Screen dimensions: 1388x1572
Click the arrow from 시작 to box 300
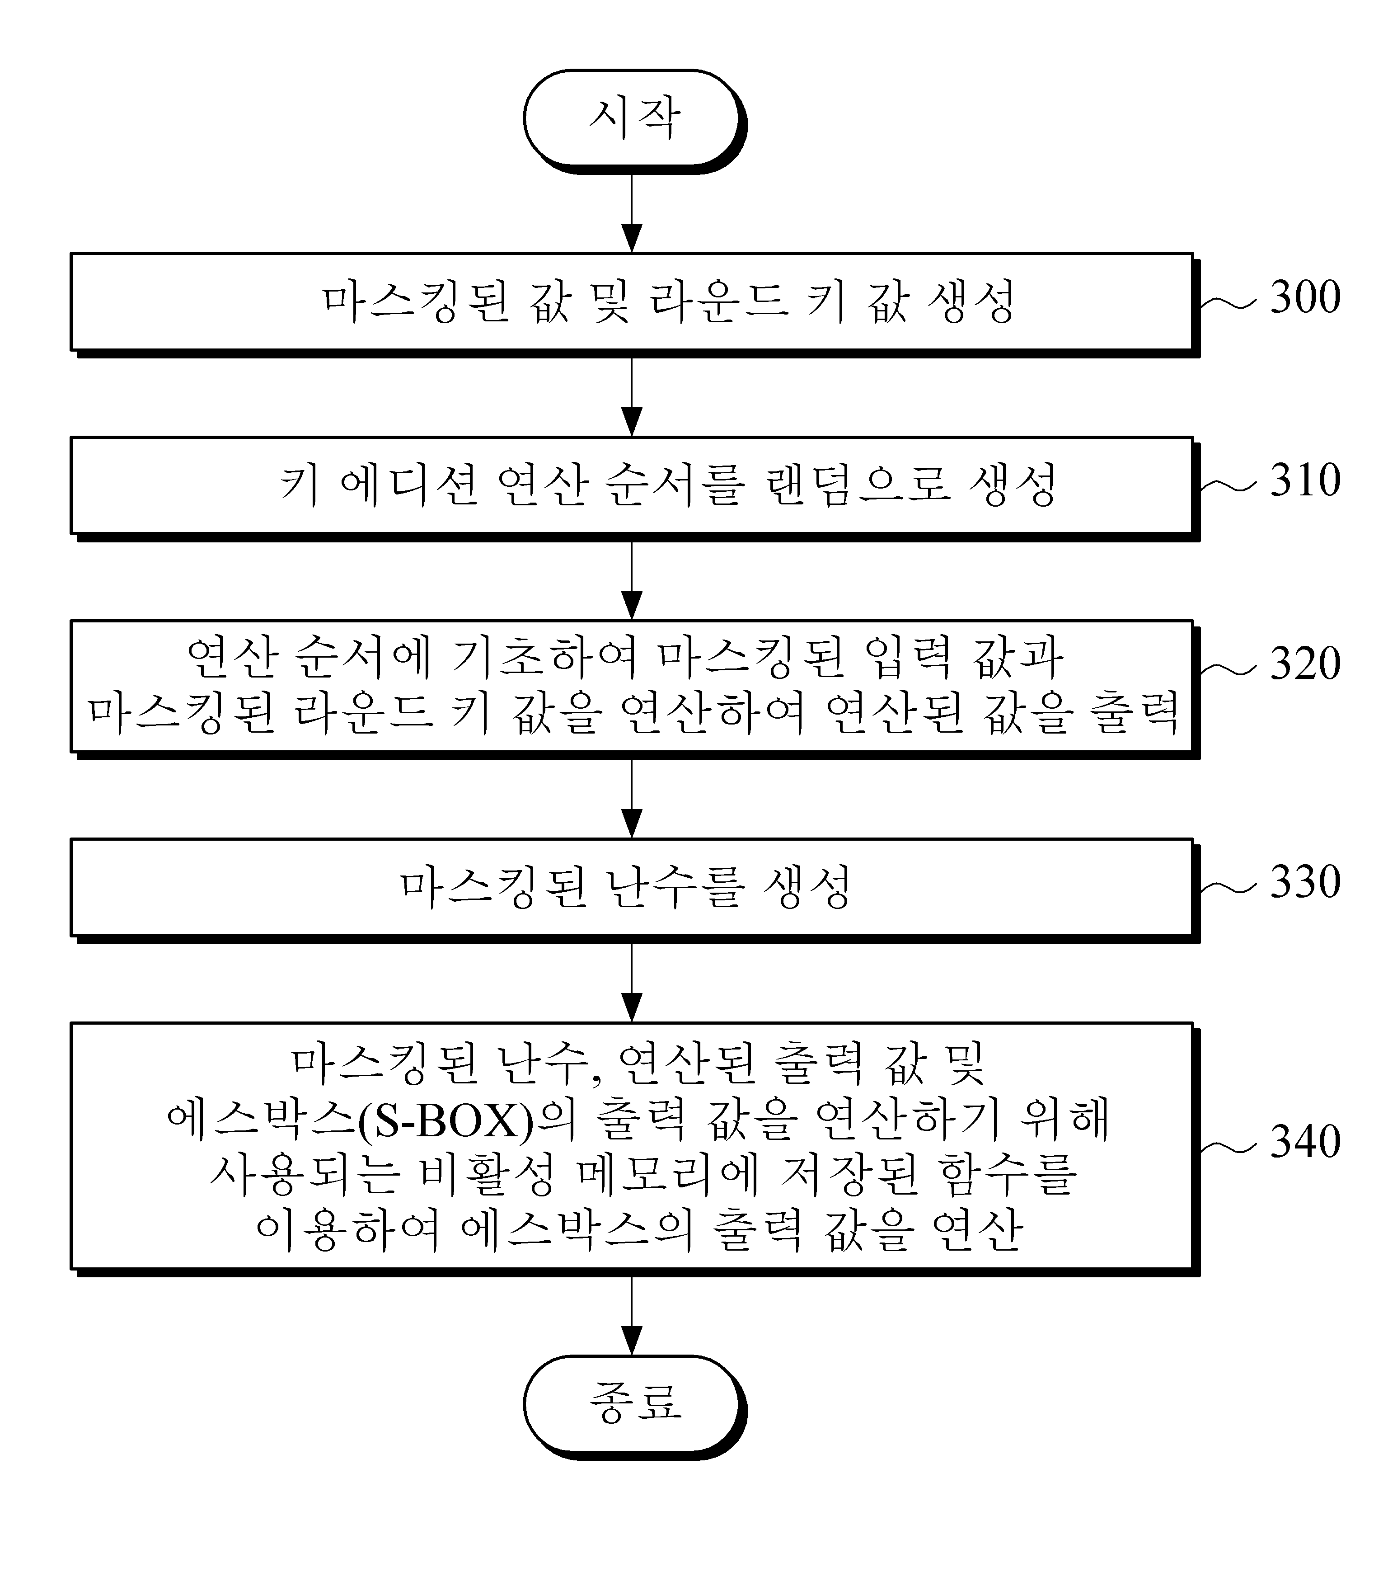631,213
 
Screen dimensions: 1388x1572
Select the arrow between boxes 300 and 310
631,396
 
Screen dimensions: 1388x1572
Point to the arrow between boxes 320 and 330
631,798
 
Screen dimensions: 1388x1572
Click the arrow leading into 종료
631,1316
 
